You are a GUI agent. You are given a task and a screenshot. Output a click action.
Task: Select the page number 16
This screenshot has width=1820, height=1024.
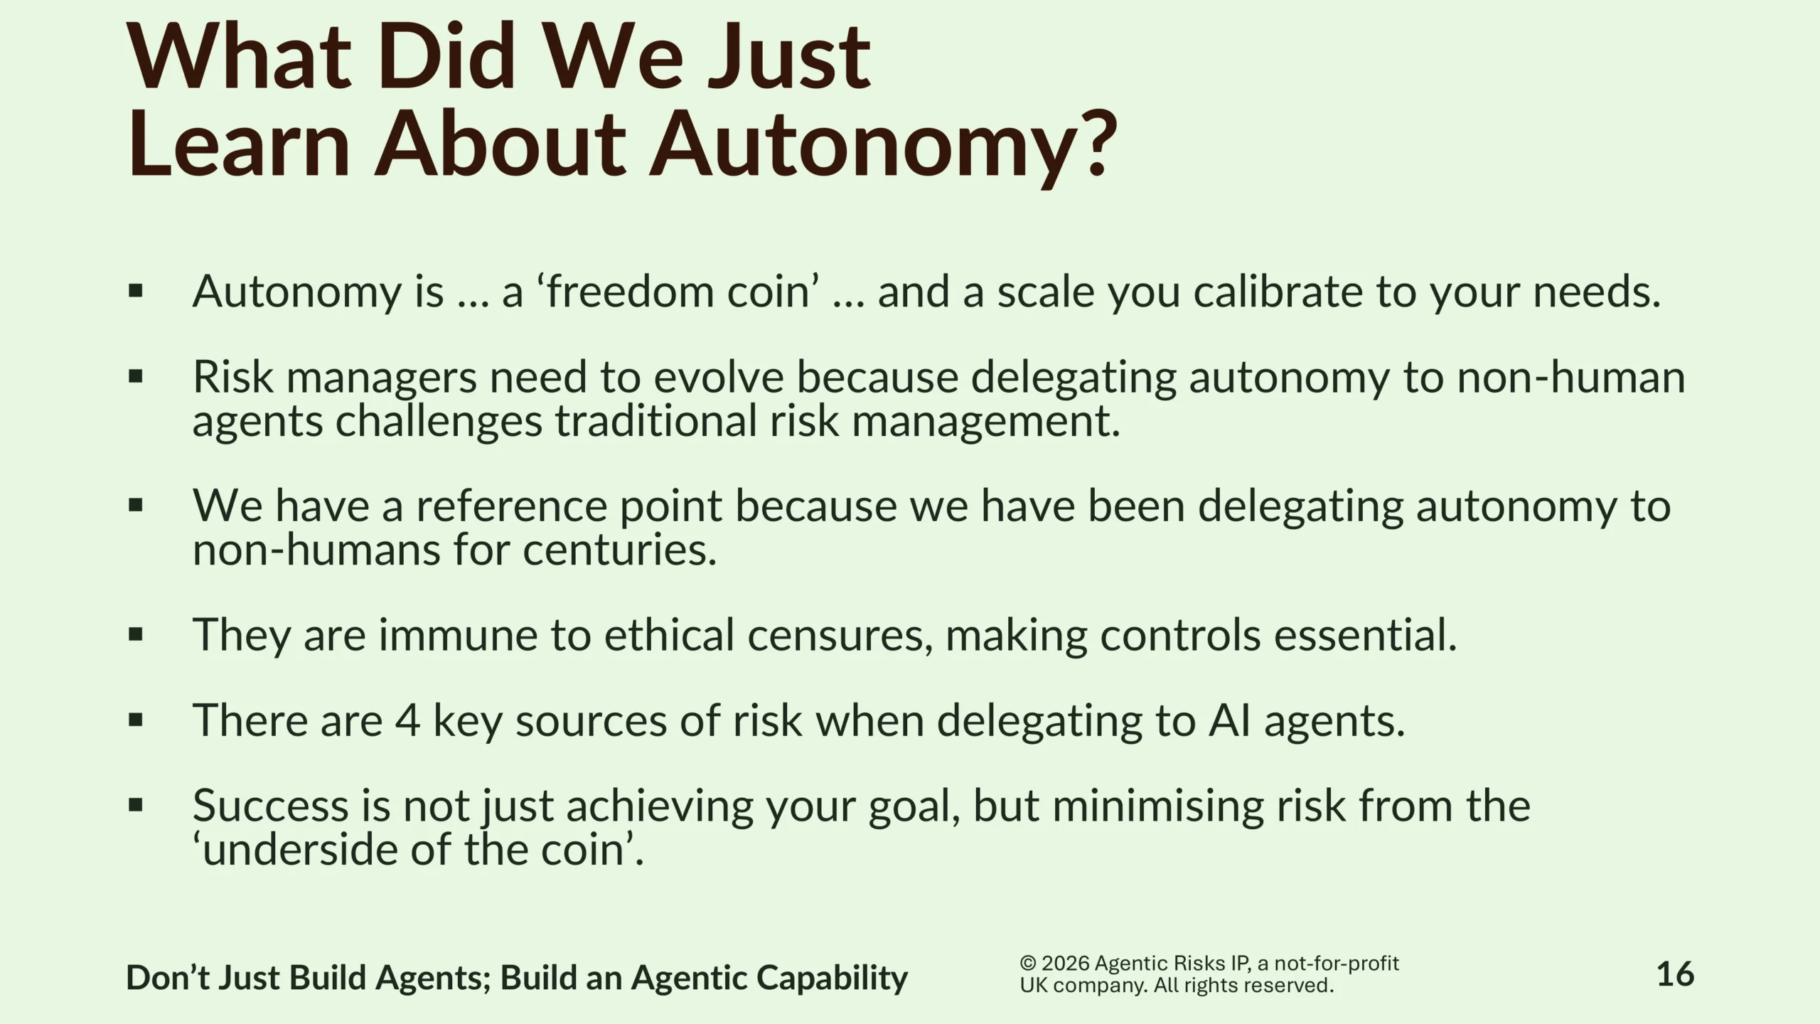click(x=1675, y=974)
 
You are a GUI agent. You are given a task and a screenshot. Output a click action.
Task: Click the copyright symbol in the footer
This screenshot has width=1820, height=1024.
click(x=1028, y=964)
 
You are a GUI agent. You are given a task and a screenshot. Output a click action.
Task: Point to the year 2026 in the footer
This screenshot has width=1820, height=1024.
click(x=1066, y=964)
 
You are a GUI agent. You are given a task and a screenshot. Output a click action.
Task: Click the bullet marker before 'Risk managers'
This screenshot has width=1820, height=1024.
click(x=136, y=377)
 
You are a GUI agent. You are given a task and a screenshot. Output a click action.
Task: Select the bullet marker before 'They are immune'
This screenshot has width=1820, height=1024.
click(x=136, y=634)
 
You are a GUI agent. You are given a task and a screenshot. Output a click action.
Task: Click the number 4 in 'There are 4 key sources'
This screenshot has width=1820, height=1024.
click(x=407, y=720)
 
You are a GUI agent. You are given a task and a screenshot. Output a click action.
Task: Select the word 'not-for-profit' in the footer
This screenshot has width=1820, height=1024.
click(x=1337, y=964)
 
